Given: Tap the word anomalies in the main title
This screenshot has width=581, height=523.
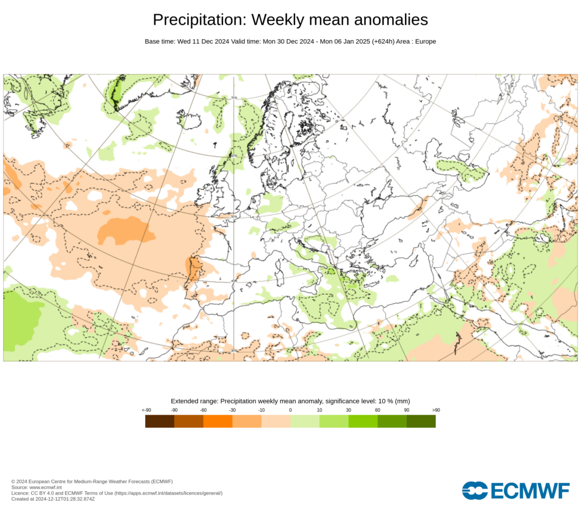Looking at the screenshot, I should (389, 20).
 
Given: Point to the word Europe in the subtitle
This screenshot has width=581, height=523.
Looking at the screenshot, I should (424, 41).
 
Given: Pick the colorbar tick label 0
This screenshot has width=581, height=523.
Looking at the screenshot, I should (290, 410).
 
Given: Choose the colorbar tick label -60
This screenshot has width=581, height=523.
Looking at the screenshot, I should (203, 410).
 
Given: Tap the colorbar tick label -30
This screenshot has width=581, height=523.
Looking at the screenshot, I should (232, 410).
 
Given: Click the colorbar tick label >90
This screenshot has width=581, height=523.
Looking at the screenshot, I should (436, 410).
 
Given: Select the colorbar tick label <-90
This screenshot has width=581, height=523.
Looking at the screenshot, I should (146, 410).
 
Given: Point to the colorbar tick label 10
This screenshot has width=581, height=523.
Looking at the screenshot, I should (319, 410).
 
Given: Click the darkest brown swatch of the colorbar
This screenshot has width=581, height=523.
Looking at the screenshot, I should (159, 421).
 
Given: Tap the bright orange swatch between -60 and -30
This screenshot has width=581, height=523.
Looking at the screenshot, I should (218, 421).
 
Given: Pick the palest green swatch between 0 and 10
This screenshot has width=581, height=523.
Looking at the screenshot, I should (305, 421).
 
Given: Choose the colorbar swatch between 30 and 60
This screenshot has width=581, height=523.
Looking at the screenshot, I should (363, 421).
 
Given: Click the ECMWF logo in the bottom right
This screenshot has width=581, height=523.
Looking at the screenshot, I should (515, 491).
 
